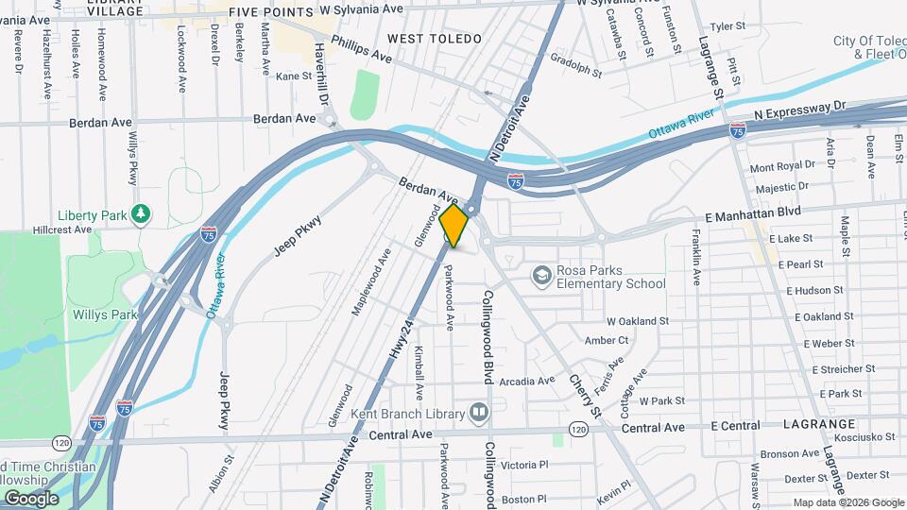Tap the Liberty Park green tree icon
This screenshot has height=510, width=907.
click(141, 214)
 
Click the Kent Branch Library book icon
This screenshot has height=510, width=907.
click(479, 413)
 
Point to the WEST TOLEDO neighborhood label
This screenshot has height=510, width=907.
click(435, 39)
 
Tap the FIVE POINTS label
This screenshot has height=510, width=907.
click(271, 12)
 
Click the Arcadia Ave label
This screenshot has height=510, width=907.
click(526, 382)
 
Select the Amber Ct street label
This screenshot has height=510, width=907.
click(607, 340)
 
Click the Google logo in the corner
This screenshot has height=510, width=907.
click(31, 498)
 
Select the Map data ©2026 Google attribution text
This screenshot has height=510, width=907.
click(847, 502)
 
